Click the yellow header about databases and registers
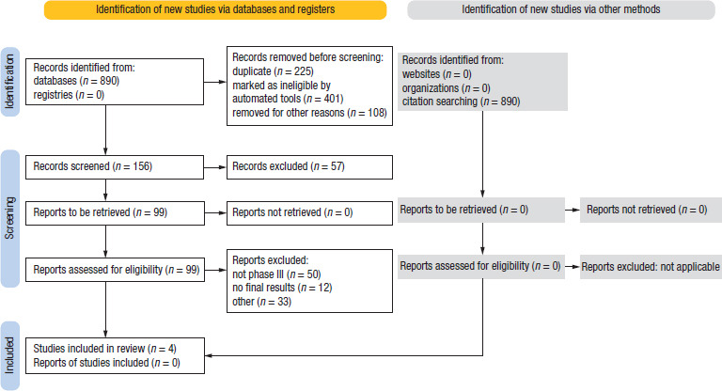pyautogui.click(x=215, y=9)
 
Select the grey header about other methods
pyautogui.click(x=561, y=9)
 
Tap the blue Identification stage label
pyautogui.click(x=9, y=82)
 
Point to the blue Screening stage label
pyautogui.click(x=9, y=218)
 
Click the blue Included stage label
pyautogui.click(x=9, y=355)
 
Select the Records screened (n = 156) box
pyautogui.click(x=115, y=166)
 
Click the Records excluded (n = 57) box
pyautogui.click(x=309, y=166)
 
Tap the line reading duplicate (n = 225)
pyautogui.click(x=273, y=71)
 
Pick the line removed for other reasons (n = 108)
pyautogui.click(x=309, y=113)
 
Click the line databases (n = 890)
pyautogui.click(x=76, y=81)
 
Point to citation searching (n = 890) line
pyautogui.click(x=461, y=102)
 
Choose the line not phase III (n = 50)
pyautogui.click(x=276, y=274)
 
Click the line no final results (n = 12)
pyautogui.click(x=282, y=288)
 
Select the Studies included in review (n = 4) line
pyautogui.click(x=104, y=349)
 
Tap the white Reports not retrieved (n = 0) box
pyautogui.click(x=309, y=212)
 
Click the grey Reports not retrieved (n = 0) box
pyautogui.click(x=651, y=210)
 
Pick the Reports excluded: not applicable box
pyautogui.click(x=651, y=267)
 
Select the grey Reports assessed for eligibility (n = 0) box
pyautogui.click(x=481, y=267)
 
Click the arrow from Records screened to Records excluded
pyautogui.click(x=215, y=167)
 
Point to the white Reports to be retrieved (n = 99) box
pyautogui.click(x=115, y=212)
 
